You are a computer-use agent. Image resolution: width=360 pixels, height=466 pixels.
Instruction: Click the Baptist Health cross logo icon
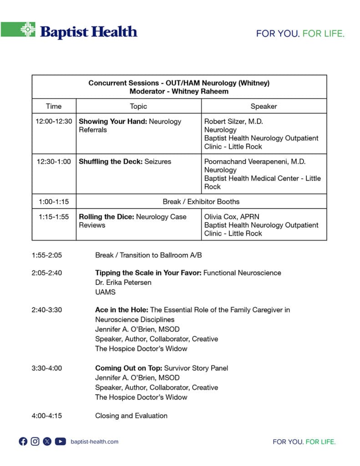click(28, 30)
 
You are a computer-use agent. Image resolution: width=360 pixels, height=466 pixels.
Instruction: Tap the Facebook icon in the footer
click(23, 441)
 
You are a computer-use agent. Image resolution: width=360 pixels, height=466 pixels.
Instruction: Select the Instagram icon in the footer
click(35, 441)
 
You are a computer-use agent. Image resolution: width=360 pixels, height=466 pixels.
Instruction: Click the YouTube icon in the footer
click(60, 441)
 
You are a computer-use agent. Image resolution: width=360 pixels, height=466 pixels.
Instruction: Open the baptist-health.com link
click(94, 441)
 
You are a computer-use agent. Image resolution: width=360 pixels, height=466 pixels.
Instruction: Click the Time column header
click(54, 106)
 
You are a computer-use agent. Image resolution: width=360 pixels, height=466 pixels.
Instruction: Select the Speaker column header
click(264, 106)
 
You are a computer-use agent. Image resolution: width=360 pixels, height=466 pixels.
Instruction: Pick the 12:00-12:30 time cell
click(54, 122)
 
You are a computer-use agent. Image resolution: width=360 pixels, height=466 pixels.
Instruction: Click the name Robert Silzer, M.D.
click(233, 122)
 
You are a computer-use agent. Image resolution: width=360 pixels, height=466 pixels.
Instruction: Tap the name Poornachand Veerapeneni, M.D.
click(254, 162)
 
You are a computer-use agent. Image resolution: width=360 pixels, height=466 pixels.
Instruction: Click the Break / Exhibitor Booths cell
click(201, 201)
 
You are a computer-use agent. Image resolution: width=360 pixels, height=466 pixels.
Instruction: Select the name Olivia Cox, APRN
click(231, 217)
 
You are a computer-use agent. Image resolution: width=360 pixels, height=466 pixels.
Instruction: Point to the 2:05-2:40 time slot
click(46, 273)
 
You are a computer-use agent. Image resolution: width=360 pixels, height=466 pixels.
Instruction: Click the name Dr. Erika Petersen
click(123, 283)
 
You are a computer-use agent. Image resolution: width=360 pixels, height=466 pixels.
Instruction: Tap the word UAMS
click(105, 292)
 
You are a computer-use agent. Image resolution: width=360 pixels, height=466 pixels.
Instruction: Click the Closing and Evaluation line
click(131, 415)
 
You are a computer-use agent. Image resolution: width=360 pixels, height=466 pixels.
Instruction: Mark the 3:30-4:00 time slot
click(46, 368)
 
